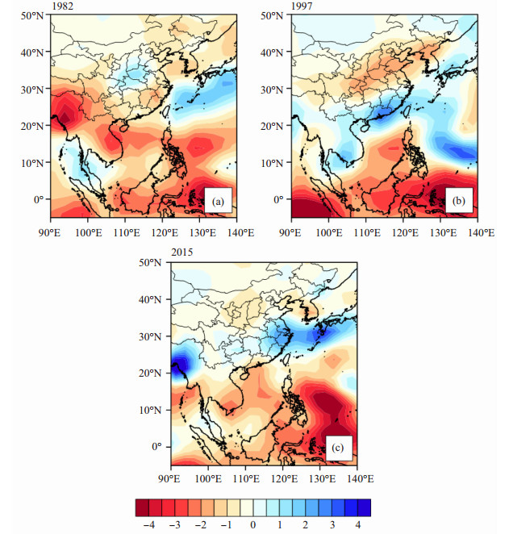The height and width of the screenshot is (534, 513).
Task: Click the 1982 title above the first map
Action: click(63, 6)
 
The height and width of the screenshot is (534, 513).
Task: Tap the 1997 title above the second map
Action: click(302, 6)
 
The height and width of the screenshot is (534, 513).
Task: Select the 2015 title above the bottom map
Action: click(182, 252)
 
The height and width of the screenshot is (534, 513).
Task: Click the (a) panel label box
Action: click(218, 201)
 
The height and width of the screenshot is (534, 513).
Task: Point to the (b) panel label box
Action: click(458, 201)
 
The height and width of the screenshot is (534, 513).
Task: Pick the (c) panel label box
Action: click(338, 448)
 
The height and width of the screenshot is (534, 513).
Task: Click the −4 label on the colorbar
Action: click(149, 525)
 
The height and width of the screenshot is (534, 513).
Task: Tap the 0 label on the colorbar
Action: click(252, 525)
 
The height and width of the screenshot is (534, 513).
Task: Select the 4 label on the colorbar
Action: click(357, 525)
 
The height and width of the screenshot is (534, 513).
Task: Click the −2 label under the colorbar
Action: click(202, 525)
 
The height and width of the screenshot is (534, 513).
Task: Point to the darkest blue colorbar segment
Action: click(364, 508)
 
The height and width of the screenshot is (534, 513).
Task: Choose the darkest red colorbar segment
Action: click(142, 508)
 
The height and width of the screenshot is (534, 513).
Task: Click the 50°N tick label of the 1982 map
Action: click(33, 15)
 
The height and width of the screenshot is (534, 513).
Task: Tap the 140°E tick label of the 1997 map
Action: click(482, 233)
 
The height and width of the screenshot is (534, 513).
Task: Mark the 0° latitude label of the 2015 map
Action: click(156, 446)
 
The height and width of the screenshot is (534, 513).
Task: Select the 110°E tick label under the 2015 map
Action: click(246, 479)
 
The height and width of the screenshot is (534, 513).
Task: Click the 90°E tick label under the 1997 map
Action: click(290, 233)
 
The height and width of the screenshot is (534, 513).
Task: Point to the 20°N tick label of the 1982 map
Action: click(33, 126)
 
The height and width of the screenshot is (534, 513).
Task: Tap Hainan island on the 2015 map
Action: click(244, 375)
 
